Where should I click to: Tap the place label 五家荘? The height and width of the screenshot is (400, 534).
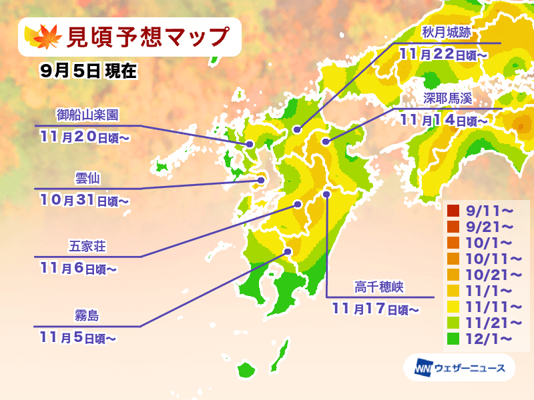coord(87,247)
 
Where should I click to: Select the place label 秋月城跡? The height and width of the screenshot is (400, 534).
coord(447,32)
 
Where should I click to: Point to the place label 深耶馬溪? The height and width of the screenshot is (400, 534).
coord(447,98)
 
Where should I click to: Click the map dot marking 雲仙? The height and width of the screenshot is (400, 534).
coord(261,179)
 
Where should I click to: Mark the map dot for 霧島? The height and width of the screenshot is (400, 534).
coord(288,252)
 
